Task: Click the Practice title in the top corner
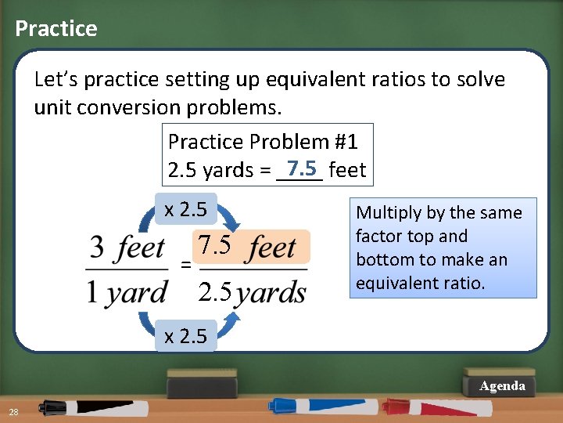[x=56, y=29]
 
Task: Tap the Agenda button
[x=502, y=386]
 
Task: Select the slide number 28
[x=14, y=413]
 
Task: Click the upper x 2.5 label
[x=185, y=209]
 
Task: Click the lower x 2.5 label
[x=185, y=336]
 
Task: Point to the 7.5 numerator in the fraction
[x=214, y=246]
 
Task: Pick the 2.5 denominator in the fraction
[x=214, y=292]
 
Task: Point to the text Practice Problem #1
[x=263, y=142]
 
